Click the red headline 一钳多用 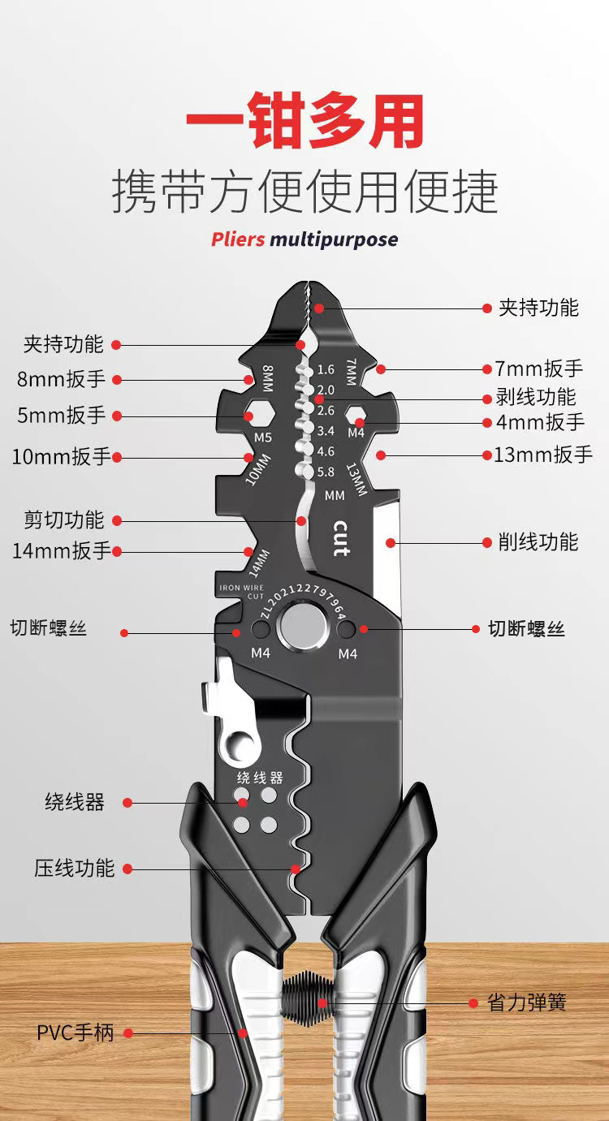tap(304, 123)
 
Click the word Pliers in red tap(238, 239)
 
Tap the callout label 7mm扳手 tap(539, 369)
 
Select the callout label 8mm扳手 tap(61, 379)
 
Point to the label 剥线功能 tap(536, 397)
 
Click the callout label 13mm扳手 tap(543, 455)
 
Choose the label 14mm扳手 tap(61, 550)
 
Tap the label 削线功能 tap(538, 541)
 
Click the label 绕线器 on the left tap(75, 803)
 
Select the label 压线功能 tap(74, 868)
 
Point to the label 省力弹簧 tap(527, 1002)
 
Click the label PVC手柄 tap(76, 1033)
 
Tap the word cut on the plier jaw tap(341, 537)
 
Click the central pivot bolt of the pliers tap(304, 628)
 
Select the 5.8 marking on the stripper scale tap(325, 472)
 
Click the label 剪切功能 tap(64, 520)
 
